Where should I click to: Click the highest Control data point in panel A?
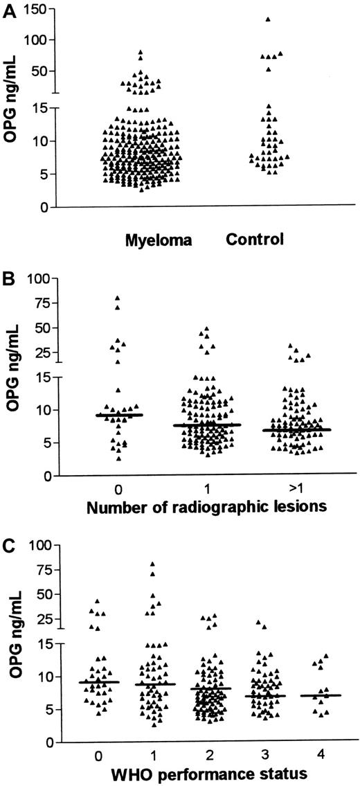(268, 19)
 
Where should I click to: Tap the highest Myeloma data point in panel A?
(141, 52)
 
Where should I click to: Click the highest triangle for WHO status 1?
(152, 564)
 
